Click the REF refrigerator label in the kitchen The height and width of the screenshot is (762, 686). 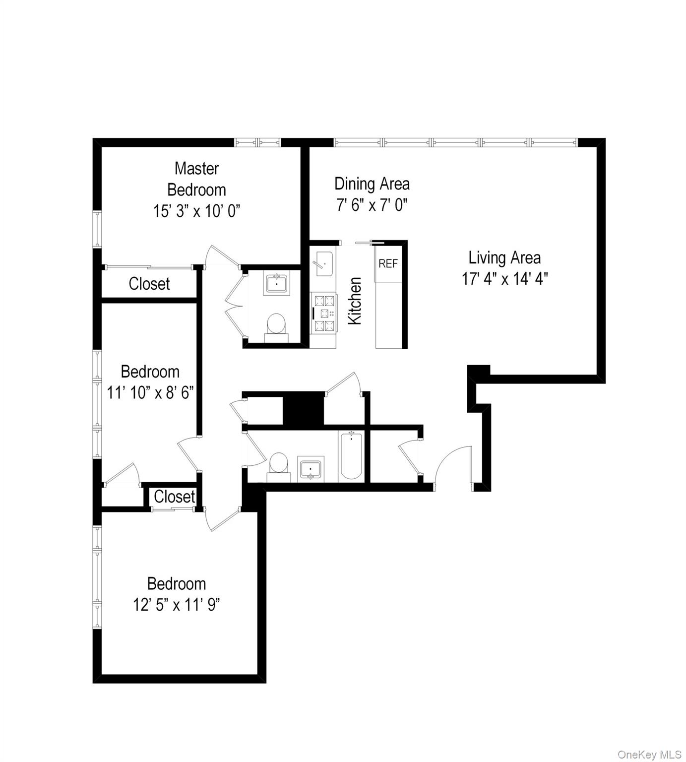pyautogui.click(x=388, y=263)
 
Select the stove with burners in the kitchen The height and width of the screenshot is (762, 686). pyautogui.click(x=324, y=313)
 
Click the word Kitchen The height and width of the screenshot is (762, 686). pyautogui.click(x=355, y=301)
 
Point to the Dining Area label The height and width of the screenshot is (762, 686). pyautogui.click(x=372, y=184)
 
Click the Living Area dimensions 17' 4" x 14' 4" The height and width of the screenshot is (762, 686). pyautogui.click(x=504, y=279)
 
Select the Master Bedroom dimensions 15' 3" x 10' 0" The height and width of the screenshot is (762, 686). pyautogui.click(x=196, y=211)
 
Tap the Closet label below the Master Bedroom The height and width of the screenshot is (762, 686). pyautogui.click(x=149, y=284)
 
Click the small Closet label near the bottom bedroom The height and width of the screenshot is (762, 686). pyautogui.click(x=174, y=497)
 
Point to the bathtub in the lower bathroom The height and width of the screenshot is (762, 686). pyautogui.click(x=351, y=455)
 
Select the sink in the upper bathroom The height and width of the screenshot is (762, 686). pyautogui.click(x=276, y=284)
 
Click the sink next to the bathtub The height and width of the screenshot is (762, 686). pyautogui.click(x=311, y=468)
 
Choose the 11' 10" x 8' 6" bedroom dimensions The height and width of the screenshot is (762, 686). pyautogui.click(x=150, y=393)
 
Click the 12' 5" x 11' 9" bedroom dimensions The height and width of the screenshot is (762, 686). pyautogui.click(x=176, y=605)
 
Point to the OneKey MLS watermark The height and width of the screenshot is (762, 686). pyautogui.click(x=649, y=755)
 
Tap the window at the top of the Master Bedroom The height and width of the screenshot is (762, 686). pyautogui.click(x=257, y=142)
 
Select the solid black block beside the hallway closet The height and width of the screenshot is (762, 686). pyautogui.click(x=303, y=408)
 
